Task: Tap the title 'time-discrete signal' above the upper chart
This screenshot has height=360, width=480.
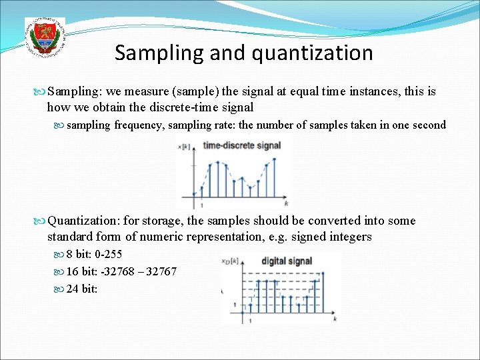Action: pos(241,145)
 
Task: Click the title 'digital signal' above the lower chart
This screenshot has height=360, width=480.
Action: pos(286,261)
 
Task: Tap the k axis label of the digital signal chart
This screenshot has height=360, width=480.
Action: pos(333,320)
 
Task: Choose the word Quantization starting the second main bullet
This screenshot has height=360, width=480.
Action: pos(83,221)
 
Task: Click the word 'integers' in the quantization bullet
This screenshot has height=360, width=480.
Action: pos(351,237)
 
